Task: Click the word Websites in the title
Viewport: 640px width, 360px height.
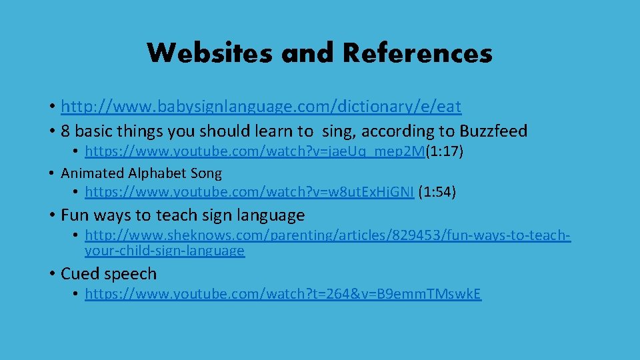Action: click(x=209, y=53)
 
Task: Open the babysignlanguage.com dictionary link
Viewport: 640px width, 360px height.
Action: click(x=261, y=106)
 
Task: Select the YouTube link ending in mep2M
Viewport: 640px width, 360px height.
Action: click(x=255, y=151)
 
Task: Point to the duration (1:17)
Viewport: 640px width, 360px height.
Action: click(x=444, y=151)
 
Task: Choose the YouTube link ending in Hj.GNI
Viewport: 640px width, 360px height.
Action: click(x=250, y=193)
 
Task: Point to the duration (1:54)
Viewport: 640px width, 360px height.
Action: click(x=437, y=193)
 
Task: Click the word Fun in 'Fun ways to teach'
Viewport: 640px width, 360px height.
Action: click(x=73, y=215)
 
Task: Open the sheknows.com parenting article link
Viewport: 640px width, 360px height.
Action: click(x=327, y=235)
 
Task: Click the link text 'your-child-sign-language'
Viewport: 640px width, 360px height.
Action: click(x=165, y=251)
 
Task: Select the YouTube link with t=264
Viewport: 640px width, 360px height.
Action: click(x=283, y=294)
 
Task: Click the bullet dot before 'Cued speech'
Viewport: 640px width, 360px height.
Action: click(x=51, y=274)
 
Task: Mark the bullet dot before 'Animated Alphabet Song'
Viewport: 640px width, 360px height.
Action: click(x=51, y=173)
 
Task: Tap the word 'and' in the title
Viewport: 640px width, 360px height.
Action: click(x=301, y=53)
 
